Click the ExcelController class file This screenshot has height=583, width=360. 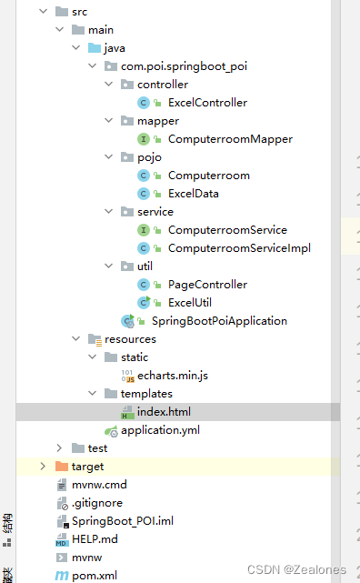tap(206, 103)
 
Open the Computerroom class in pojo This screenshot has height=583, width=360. tap(208, 176)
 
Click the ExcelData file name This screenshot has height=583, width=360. tap(193, 194)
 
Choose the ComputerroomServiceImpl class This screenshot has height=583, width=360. tap(239, 248)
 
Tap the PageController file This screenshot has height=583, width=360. tap(207, 285)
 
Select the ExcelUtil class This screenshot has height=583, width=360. tap(190, 303)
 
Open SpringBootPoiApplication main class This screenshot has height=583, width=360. tap(219, 321)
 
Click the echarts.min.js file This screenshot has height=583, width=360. tap(172, 376)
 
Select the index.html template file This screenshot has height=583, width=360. tap(164, 412)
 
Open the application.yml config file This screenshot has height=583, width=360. tap(160, 430)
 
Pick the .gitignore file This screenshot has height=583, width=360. tap(97, 503)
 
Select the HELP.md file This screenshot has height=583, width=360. tap(96, 539)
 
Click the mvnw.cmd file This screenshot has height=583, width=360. tap(99, 485)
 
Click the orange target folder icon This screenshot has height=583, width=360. tap(62, 467)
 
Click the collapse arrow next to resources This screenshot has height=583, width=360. tap(76, 339)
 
